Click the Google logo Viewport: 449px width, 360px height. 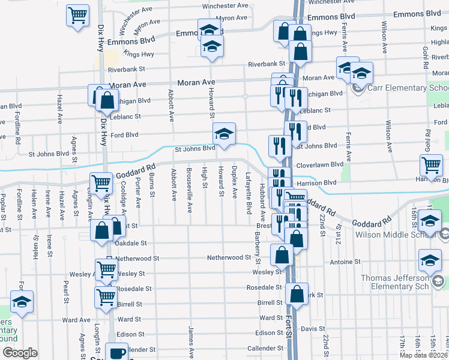click(x=20, y=353)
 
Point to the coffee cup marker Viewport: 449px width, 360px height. click(x=116, y=352)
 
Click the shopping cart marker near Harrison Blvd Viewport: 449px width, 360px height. click(x=431, y=166)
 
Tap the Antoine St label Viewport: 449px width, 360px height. click(x=345, y=262)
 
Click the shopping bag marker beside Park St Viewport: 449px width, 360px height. click(x=297, y=294)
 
